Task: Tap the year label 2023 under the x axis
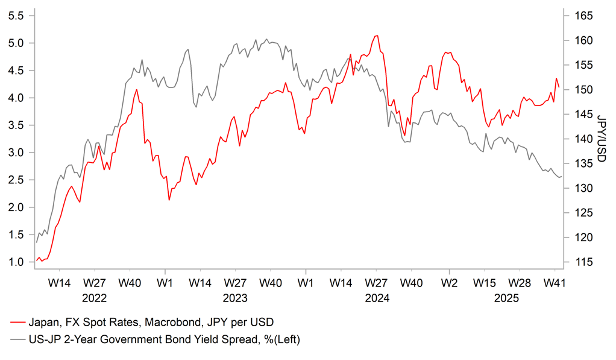point(235,298)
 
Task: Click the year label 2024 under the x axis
point(376,298)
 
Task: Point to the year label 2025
point(506,298)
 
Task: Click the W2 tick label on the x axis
point(448,282)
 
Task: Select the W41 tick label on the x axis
point(555,282)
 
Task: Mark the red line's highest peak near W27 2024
point(377,35)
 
